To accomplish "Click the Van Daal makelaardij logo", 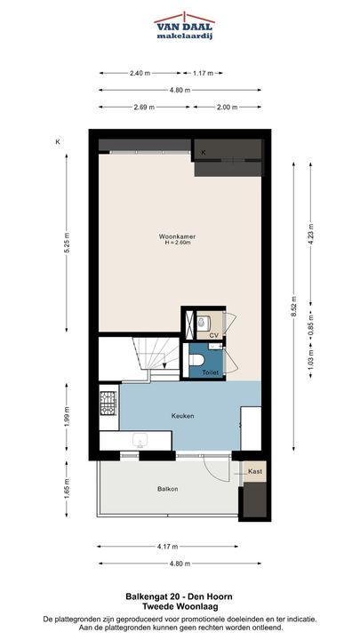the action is point(185,26).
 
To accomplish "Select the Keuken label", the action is point(182,416).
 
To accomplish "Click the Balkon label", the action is point(168,489).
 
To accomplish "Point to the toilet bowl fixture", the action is point(196,360).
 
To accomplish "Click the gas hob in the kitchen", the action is point(108,403).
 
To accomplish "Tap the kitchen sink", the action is point(140,440).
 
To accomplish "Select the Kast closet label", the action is point(255,471).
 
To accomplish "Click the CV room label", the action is point(214,335).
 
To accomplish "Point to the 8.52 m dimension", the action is point(293,306).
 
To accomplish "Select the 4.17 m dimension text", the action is point(168,546).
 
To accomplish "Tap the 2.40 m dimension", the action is point(140,73).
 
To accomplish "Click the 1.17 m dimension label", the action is point(203,73).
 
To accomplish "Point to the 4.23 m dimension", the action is point(310,235).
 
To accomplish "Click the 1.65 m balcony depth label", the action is point(67,489).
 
